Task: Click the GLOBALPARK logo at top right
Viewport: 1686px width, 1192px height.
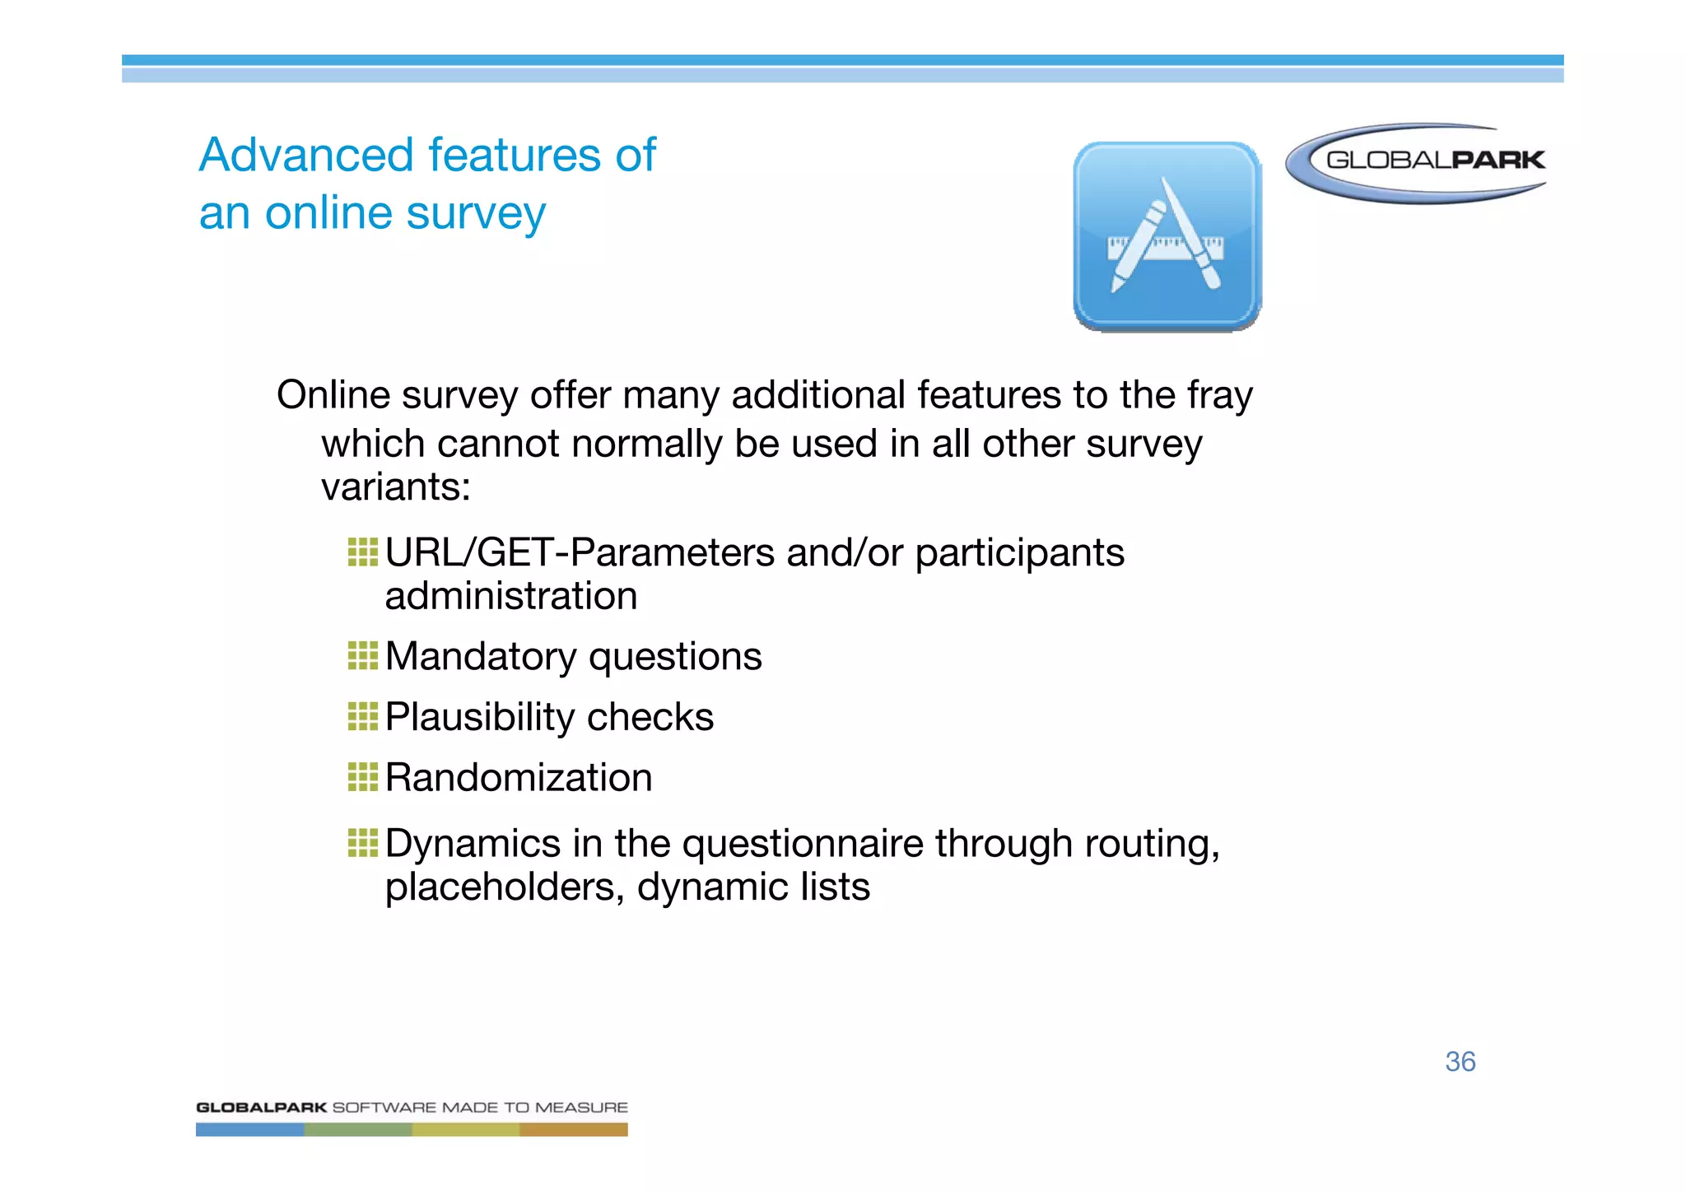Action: (1416, 162)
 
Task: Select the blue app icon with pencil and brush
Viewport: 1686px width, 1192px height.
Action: (1167, 236)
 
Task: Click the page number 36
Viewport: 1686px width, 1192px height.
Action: (1460, 1061)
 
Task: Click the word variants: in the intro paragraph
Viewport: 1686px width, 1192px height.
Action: (395, 487)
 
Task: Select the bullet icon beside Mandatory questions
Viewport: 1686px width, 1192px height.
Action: (362, 656)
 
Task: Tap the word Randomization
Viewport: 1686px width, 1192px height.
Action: (519, 778)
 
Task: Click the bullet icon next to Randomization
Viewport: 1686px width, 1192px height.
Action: (362, 776)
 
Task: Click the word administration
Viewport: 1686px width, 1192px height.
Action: (510, 596)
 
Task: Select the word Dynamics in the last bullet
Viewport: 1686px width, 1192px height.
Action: (473, 845)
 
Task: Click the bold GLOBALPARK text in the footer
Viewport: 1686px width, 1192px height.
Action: (261, 1107)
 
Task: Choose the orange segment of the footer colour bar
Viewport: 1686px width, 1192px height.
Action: (573, 1130)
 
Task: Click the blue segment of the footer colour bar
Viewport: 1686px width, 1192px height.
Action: (249, 1130)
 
